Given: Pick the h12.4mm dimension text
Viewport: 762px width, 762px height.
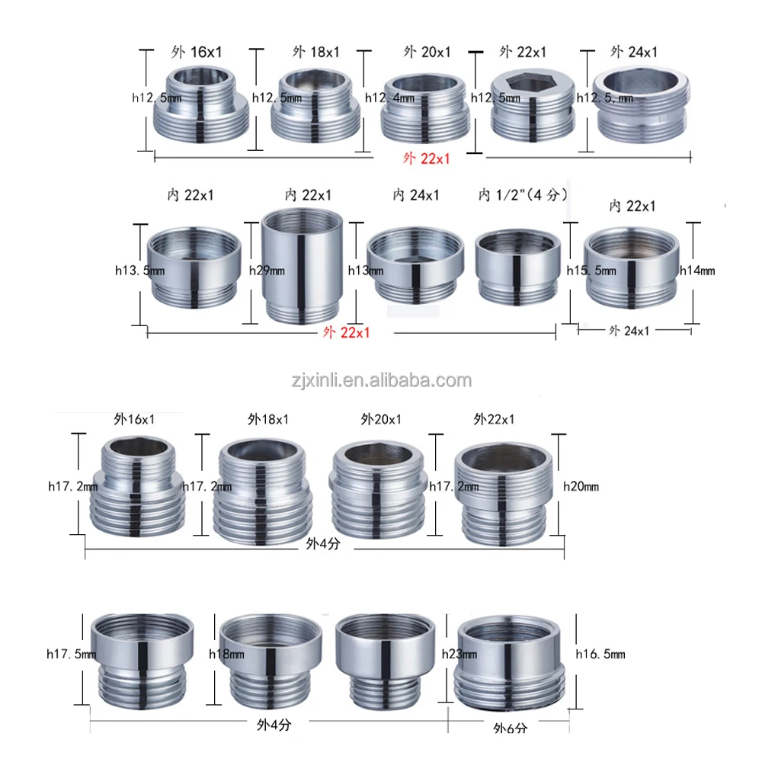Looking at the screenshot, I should [389, 98].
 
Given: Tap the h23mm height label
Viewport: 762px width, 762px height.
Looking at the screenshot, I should [459, 654].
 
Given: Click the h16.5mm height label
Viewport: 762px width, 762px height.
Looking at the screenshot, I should [600, 654].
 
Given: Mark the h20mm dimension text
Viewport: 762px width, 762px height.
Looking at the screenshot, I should [581, 486].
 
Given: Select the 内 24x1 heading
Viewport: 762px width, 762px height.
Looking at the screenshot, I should [416, 195].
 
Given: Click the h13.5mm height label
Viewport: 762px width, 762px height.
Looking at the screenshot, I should [139, 271].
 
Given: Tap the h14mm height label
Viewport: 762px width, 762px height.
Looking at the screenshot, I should [697, 271].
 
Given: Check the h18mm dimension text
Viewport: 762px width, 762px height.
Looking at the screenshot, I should [226, 654].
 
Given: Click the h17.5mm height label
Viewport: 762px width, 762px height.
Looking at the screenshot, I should [71, 654].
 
